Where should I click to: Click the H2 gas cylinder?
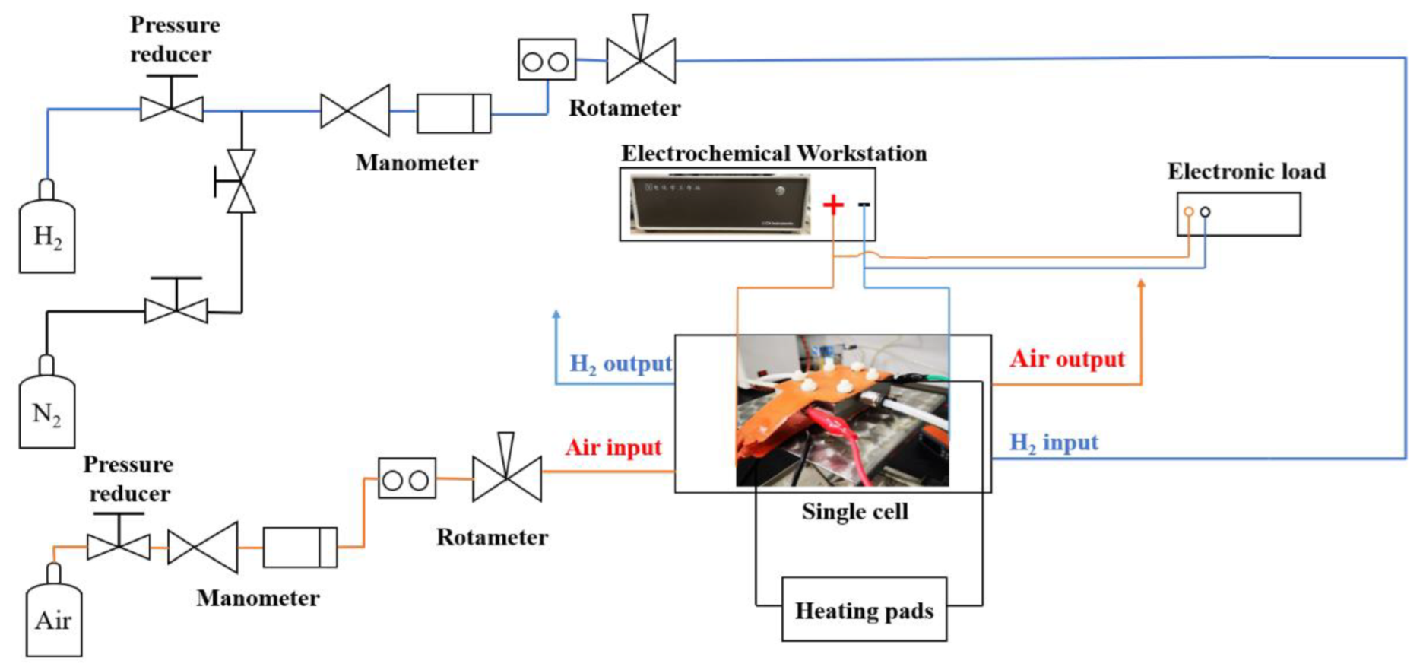tap(47, 233)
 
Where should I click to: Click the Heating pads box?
tap(864, 610)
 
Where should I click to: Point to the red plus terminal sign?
tap(833, 205)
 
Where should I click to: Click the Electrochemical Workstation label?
tap(774, 153)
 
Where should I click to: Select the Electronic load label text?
tap(1246, 171)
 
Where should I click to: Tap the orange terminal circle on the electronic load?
tap(1189, 212)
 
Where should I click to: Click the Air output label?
tap(1067, 359)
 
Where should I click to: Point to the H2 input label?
tap(1054, 443)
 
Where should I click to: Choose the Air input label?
tap(613, 447)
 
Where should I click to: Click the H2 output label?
tap(620, 364)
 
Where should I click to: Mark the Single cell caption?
tap(854, 511)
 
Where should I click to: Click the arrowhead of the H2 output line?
tap(556, 314)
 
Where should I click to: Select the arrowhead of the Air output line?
tap(1141, 284)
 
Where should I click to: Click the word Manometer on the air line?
tap(258, 598)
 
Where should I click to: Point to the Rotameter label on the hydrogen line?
tap(624, 108)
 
